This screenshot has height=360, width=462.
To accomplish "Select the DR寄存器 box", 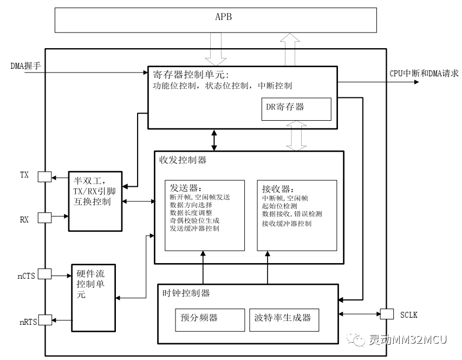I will (296, 109).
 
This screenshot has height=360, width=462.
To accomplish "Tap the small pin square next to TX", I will (44, 176).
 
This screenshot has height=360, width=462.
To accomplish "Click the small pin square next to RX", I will (44, 218).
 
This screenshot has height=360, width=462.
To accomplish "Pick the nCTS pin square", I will (44, 274).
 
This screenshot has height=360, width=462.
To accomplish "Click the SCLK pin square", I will (387, 314).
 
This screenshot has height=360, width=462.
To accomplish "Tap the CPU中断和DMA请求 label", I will (424, 74).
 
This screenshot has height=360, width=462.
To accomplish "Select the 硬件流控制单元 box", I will (93, 297).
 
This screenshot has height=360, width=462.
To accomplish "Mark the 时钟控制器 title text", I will (186, 293).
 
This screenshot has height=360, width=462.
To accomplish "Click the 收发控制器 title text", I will (183, 160).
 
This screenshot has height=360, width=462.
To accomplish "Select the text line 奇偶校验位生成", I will (194, 221).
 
